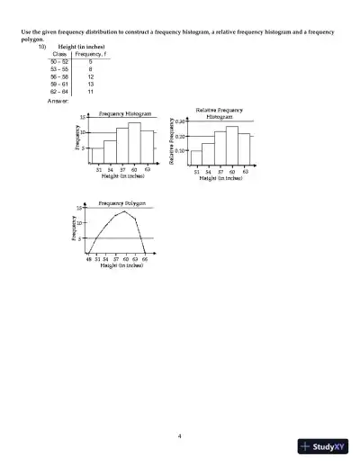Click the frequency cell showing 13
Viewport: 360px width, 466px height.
(91, 85)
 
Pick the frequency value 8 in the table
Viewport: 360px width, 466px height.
(91, 68)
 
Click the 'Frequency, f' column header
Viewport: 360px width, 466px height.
(91, 53)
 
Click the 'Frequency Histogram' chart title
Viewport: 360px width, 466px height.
(124, 114)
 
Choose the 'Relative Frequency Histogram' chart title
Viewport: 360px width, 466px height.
(220, 112)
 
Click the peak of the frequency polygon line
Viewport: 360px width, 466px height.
(125, 212)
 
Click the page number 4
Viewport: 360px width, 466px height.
(180, 435)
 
